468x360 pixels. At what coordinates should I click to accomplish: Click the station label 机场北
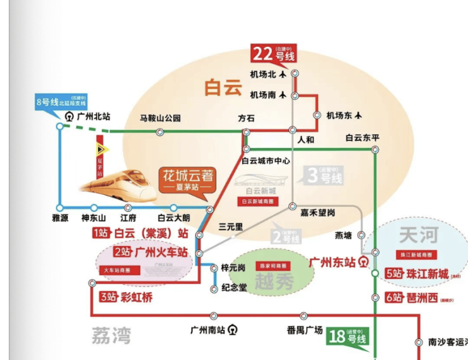point(263,74)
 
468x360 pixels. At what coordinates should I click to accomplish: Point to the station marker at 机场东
point(316,115)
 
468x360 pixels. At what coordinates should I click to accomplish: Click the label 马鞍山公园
point(161,118)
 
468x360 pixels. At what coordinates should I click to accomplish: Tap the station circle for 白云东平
point(375,150)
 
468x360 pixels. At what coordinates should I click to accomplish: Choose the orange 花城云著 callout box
point(187,180)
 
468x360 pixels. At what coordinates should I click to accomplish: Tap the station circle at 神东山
point(94,208)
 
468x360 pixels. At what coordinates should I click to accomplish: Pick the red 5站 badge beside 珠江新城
point(393,274)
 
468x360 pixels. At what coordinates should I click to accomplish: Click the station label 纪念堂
point(233,288)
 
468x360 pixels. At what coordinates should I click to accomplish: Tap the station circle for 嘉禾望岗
point(292,206)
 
